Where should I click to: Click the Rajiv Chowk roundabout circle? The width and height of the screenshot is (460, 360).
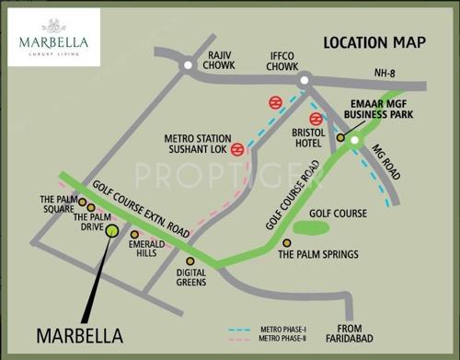(188, 65)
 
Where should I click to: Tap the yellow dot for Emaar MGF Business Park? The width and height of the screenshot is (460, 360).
(339, 138)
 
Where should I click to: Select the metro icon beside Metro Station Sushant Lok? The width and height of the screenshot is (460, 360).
(236, 148)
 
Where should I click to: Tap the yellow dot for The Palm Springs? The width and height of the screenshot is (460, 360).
(286, 243)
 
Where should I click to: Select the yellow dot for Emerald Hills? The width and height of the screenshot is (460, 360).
(134, 235)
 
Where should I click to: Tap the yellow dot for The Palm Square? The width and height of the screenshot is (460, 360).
(82, 202)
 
